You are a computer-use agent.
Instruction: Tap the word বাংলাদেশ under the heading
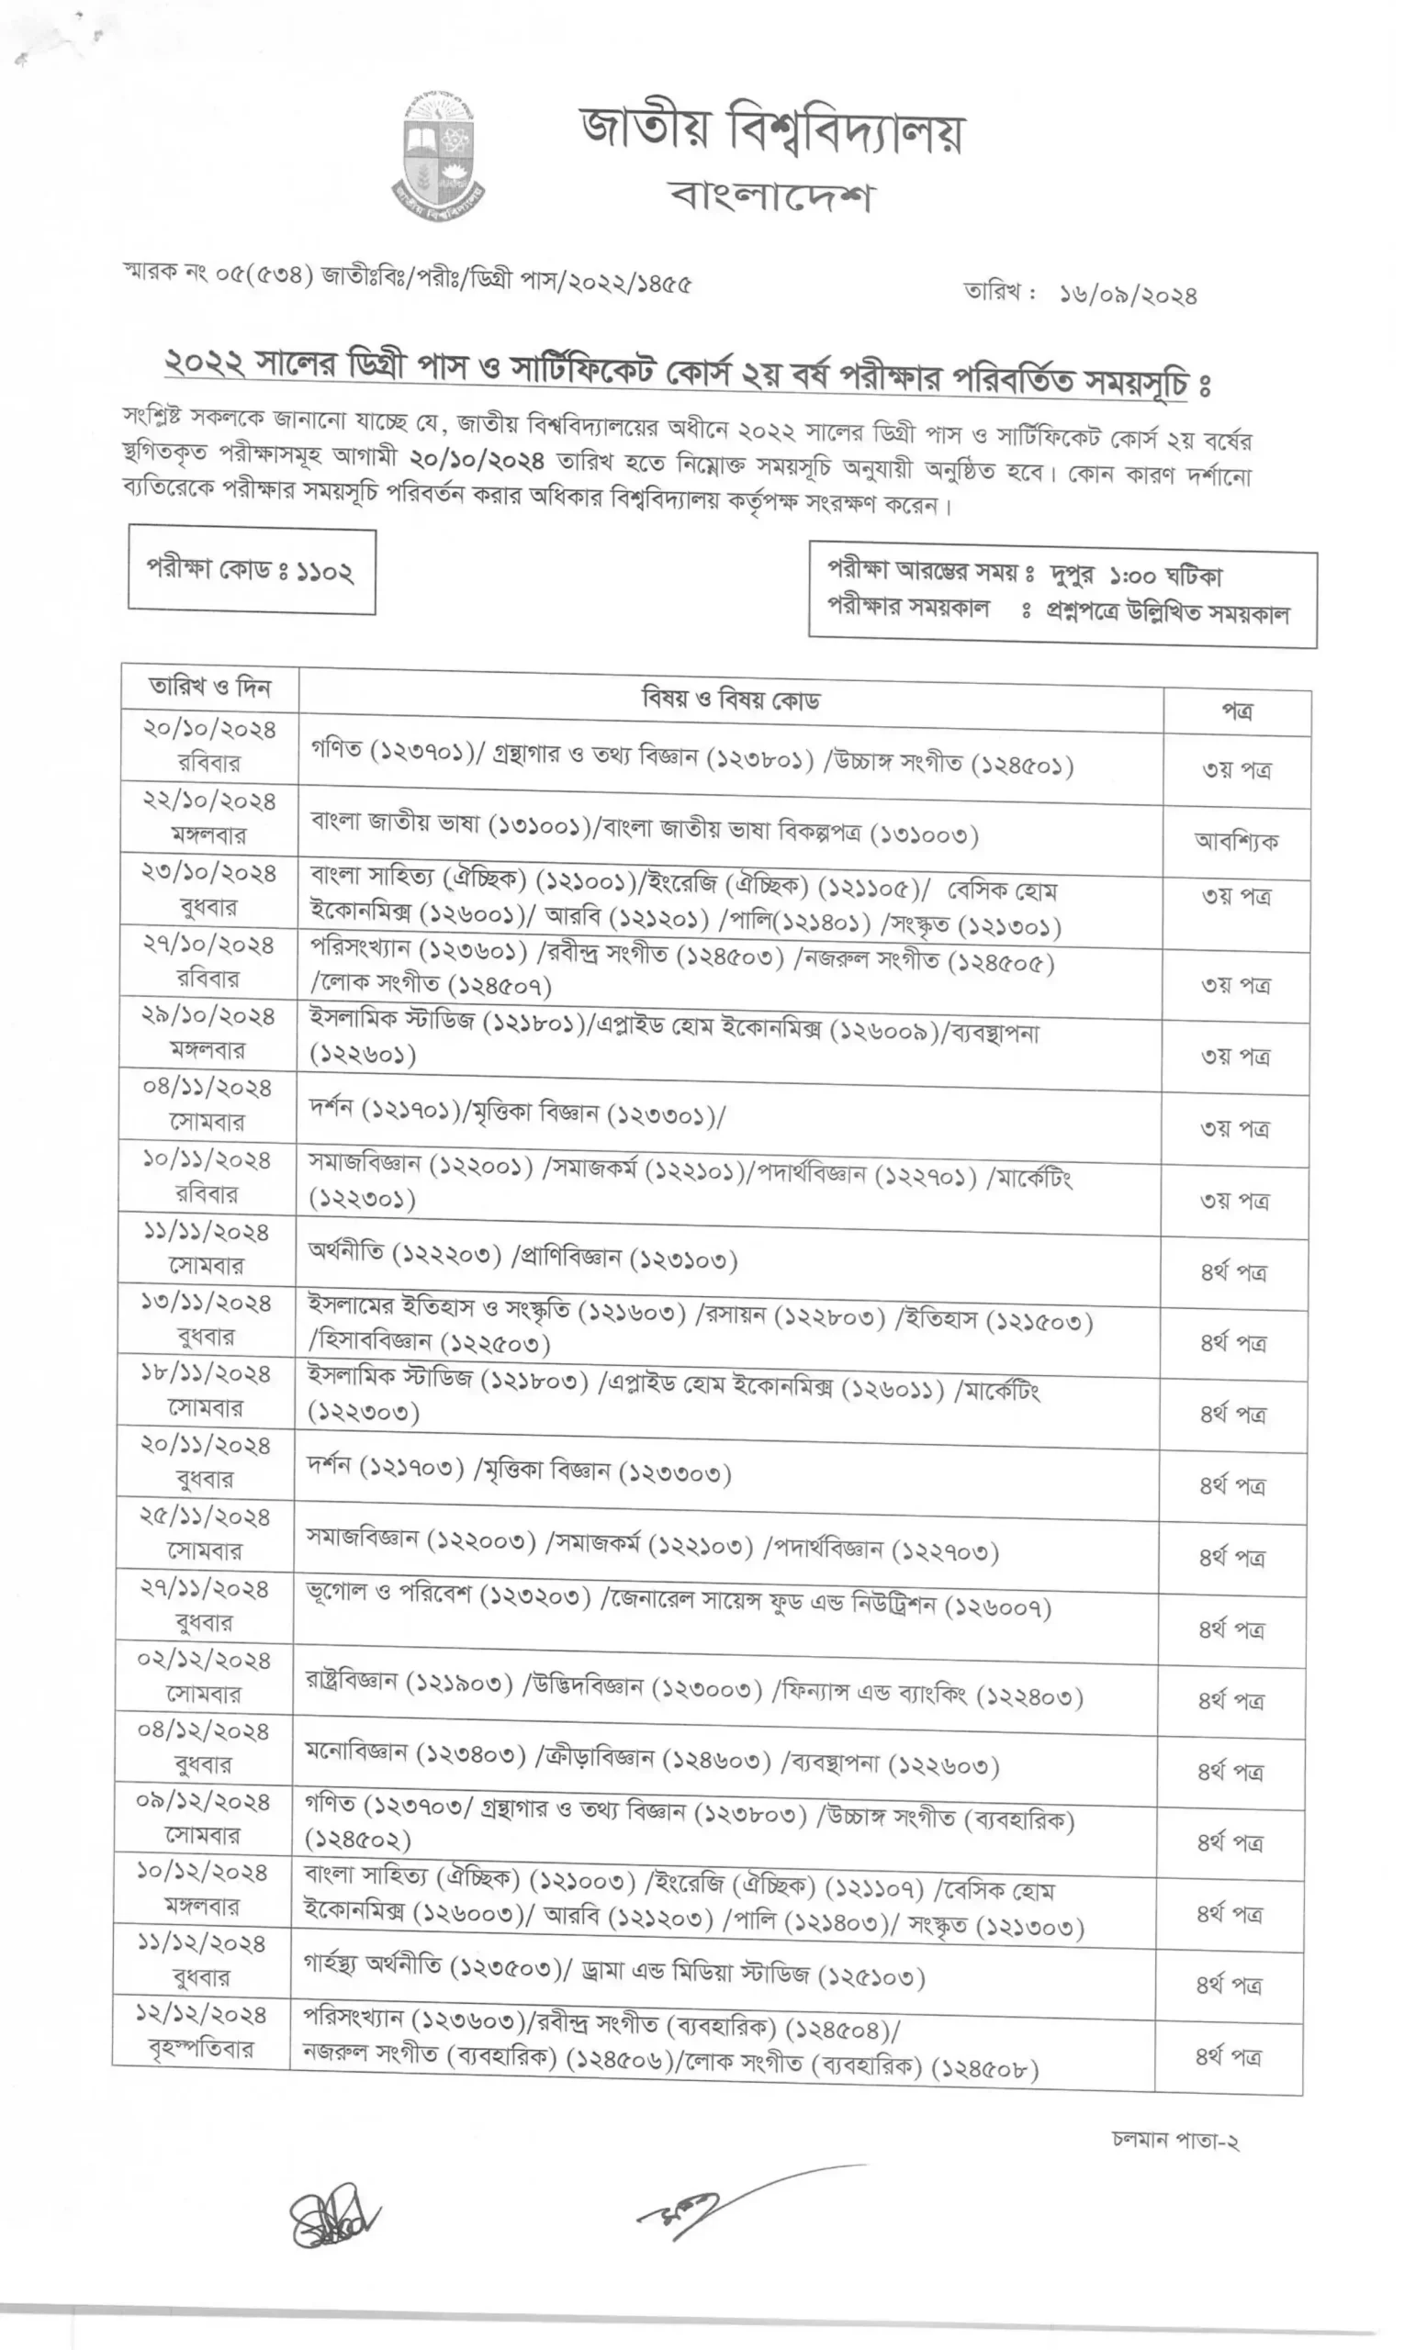click(770, 196)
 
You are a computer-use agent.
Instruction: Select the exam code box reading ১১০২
click(252, 570)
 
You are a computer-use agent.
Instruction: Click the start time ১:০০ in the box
click(1132, 577)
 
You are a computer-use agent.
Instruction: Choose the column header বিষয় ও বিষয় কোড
click(731, 699)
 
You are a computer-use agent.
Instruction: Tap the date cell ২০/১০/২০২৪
click(210, 730)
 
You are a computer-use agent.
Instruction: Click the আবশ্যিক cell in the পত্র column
click(1235, 841)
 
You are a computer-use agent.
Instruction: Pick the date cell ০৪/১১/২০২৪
click(207, 1088)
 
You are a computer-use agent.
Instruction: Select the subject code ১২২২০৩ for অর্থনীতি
click(446, 1254)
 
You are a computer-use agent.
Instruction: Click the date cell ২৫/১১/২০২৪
click(205, 1517)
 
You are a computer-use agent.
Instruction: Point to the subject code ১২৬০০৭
click(998, 1608)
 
